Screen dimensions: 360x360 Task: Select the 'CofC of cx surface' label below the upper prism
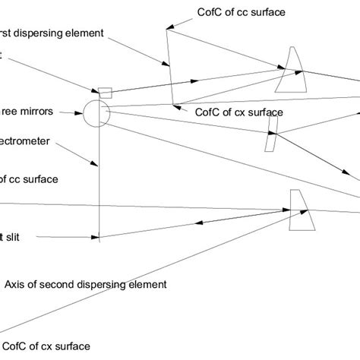238,112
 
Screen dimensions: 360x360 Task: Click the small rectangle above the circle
105,93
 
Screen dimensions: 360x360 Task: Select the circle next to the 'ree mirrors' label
96,113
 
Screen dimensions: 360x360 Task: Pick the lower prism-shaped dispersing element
302,210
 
